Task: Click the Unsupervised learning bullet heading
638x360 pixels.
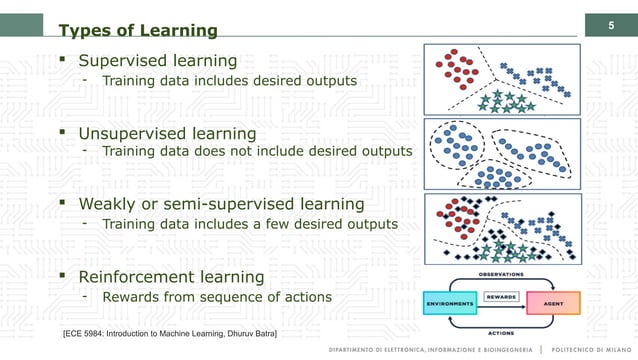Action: coord(167,133)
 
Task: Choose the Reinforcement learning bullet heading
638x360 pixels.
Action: coord(171,276)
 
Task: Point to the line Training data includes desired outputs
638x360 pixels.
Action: coord(229,80)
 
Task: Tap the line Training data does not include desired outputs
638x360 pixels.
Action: coord(256,151)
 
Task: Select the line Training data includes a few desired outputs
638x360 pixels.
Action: coord(250,224)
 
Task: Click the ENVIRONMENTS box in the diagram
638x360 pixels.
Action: coord(455,301)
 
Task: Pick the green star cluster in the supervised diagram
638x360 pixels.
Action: coord(507,101)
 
